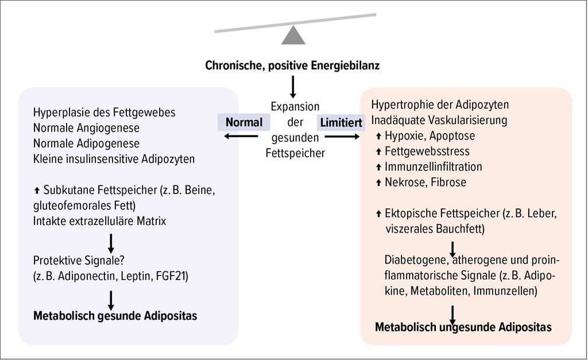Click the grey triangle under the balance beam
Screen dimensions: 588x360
tap(293, 36)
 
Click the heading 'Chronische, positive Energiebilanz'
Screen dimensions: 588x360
tap(292, 65)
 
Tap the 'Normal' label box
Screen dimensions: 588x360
tap(243, 122)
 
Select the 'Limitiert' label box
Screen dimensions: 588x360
tap(341, 123)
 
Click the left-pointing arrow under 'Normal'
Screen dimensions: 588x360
tap(241, 136)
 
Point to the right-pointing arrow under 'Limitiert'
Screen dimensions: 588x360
tap(342, 137)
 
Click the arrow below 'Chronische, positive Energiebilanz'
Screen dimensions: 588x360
tap(293, 87)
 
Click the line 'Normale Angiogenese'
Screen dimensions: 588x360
tap(86, 128)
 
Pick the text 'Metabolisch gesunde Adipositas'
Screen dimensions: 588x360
tap(115, 316)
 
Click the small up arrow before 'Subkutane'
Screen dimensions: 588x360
tap(37, 191)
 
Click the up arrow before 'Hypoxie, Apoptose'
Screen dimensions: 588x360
tap(378, 136)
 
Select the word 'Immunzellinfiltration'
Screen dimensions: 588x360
tap(434, 167)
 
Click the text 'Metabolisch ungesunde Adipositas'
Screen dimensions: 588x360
tap(463, 327)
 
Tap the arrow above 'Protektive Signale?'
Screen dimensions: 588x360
tap(111, 243)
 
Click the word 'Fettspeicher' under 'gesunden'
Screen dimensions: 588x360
tap(295, 153)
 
